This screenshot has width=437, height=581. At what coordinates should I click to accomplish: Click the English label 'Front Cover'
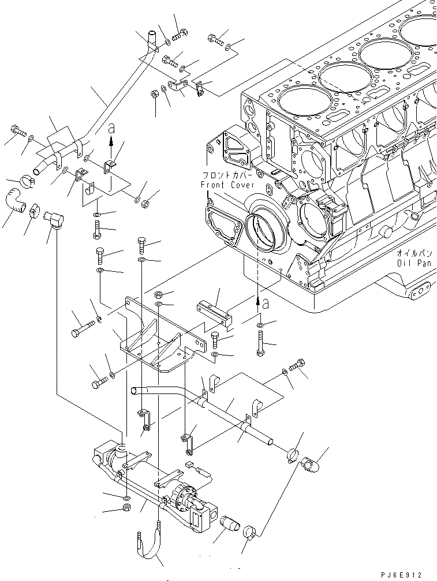click(x=223, y=185)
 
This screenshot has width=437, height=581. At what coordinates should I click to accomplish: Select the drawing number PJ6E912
click(x=402, y=575)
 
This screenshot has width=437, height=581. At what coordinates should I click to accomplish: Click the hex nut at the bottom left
click(x=126, y=508)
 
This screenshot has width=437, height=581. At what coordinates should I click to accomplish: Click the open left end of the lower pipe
click(x=136, y=391)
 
